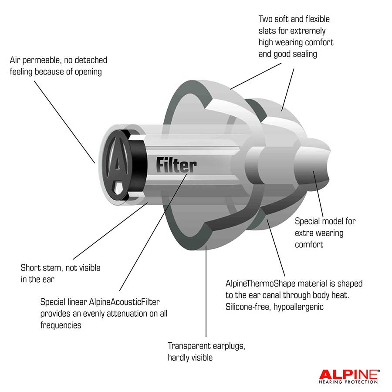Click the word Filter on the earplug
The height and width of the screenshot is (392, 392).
click(176, 166)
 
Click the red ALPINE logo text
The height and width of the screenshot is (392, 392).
click(349, 373)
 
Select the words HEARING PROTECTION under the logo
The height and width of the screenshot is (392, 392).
click(348, 382)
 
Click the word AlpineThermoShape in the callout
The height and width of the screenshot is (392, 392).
click(261, 284)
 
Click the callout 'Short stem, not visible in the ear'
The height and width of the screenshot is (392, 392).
click(61, 273)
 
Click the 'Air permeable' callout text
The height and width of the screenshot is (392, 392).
click(58, 66)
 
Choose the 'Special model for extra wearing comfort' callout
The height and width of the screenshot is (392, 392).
click(325, 233)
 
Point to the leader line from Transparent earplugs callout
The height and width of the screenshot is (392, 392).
click(205, 296)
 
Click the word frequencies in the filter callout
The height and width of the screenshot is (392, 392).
click(61, 325)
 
